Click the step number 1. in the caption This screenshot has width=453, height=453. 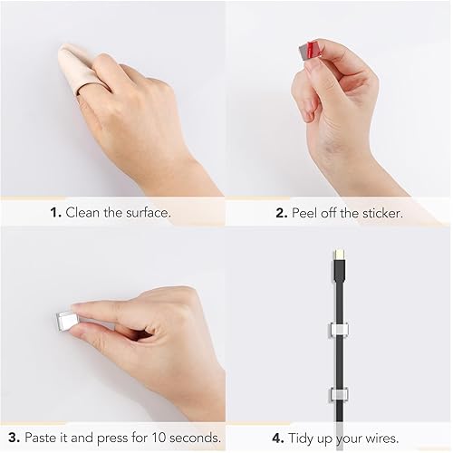click(x=55, y=213)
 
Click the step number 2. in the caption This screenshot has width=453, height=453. click(x=282, y=213)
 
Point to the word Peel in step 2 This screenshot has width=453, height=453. click(x=307, y=213)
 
